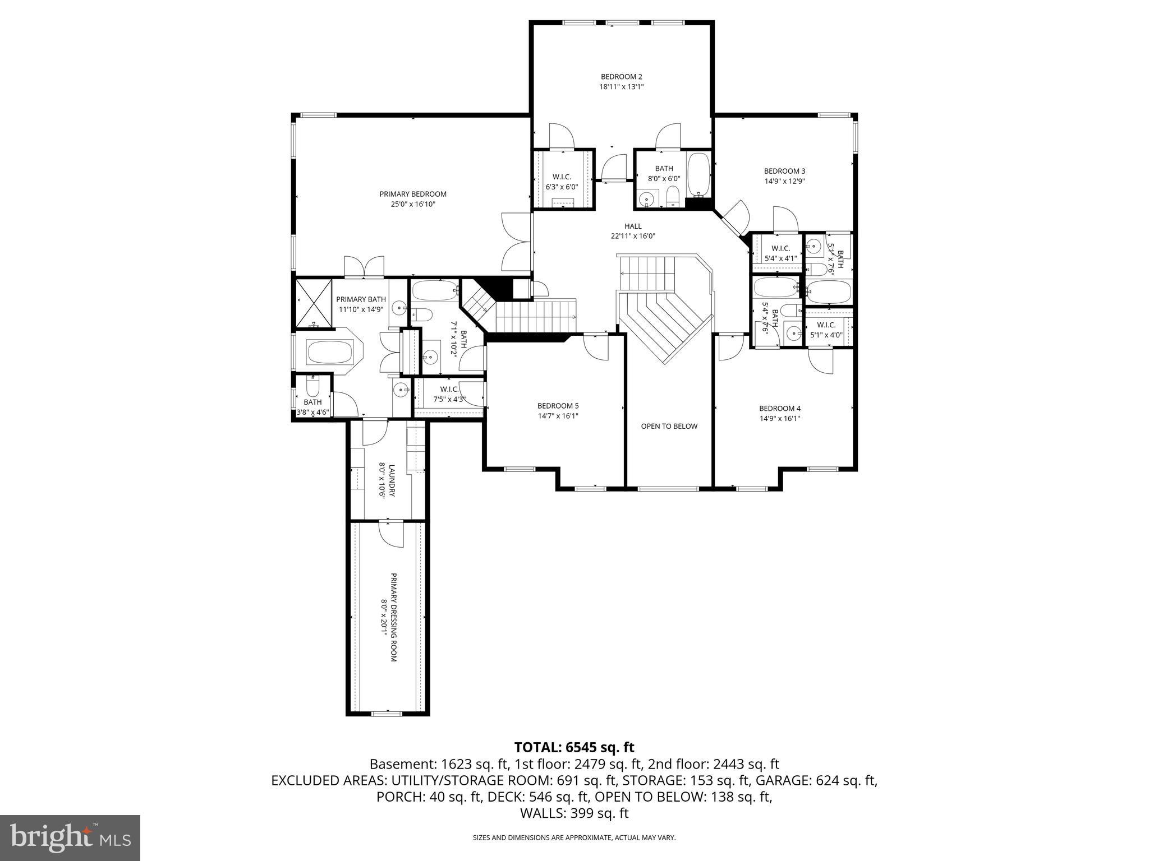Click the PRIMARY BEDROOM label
coord(413,194)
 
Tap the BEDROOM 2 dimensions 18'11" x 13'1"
coord(621,87)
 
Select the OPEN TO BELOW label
coord(669,426)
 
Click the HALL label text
coord(633,226)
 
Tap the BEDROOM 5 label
coord(558,406)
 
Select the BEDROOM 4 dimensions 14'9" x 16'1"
coord(780,418)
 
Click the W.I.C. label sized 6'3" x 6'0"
coord(562,177)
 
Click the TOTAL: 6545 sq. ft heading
coord(574,747)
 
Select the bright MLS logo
coord(70,837)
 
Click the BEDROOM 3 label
coord(784,171)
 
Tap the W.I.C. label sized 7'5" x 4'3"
coord(449,389)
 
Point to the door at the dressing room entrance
coord(390,533)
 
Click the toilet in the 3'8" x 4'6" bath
coord(313,387)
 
